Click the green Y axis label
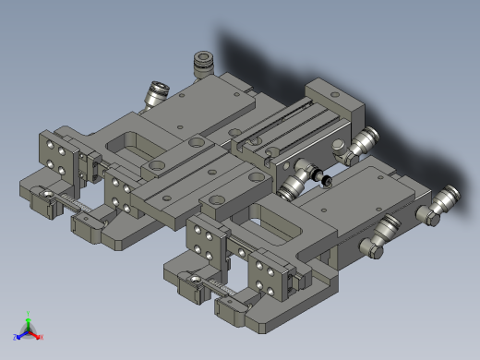pyautogui.click(x=29, y=313)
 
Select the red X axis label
pyautogui.click(x=41, y=337)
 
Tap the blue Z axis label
pyautogui.click(x=17, y=337)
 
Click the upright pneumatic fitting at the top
pyautogui.click(x=201, y=66)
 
